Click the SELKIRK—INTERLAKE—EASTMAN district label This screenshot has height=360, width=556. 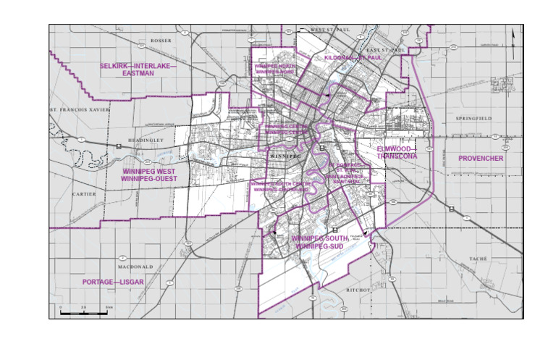pos(138,70)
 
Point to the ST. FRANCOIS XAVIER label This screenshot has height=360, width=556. pos(78,109)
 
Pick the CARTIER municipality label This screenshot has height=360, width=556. pos(84,194)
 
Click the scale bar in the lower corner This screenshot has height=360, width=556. pos(84,313)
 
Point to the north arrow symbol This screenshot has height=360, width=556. pos(513,38)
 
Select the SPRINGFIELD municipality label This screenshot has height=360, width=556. pos(473,117)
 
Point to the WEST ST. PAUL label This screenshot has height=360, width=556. pos(329,30)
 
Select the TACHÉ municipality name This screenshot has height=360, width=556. pos(479,258)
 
